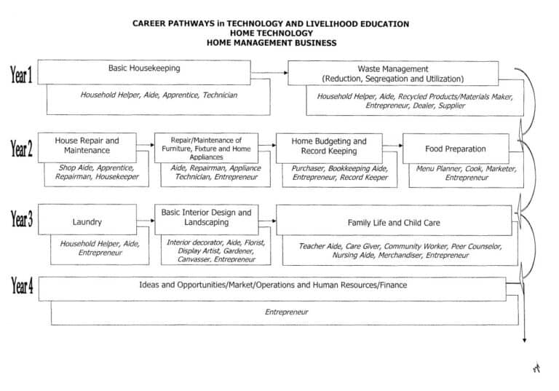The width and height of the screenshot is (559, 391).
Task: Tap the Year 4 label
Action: coord(21,285)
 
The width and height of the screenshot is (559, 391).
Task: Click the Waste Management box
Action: coord(393,73)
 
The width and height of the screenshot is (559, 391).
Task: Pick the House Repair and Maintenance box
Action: coord(87,145)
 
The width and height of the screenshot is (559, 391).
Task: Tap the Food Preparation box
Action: coord(456,149)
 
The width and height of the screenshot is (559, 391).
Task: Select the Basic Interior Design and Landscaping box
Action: coord(206,217)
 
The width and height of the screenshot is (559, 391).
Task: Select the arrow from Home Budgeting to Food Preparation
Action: coord(392,146)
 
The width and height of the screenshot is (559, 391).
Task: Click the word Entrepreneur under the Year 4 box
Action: coord(286,312)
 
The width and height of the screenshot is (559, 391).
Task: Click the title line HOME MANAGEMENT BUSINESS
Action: coord(271,43)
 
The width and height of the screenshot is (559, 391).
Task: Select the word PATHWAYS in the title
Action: coord(191,23)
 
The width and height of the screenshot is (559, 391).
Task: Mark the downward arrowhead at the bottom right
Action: coord(524,339)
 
